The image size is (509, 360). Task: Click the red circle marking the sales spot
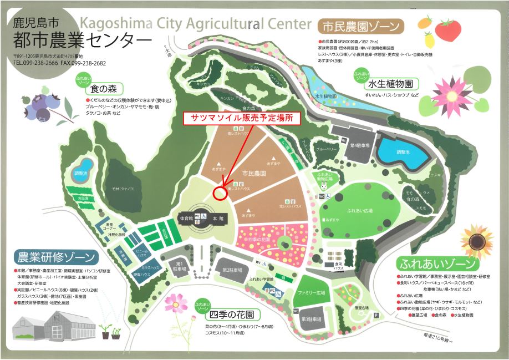219,192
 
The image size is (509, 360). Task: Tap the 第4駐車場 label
359,146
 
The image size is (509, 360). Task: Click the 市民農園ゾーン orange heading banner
360,26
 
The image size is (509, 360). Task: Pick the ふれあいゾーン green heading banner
436,263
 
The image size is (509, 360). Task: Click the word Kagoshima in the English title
114,24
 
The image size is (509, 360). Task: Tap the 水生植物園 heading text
390,85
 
